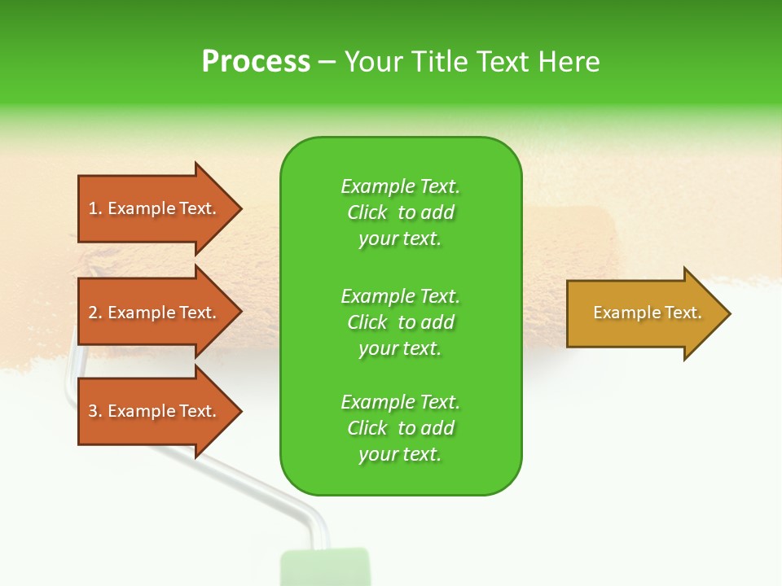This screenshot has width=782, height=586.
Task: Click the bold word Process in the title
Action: tap(256, 62)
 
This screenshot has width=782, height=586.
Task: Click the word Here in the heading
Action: tap(570, 62)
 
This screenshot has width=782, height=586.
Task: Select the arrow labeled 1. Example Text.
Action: tap(155, 208)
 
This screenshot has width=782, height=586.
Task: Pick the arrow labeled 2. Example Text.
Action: tap(155, 313)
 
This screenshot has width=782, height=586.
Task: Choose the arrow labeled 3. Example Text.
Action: tap(155, 411)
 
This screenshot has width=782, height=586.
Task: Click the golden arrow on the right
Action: tap(644, 313)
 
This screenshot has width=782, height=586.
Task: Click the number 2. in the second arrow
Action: tap(95, 313)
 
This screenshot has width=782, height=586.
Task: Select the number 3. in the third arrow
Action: tap(95, 411)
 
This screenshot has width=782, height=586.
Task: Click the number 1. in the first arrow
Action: tap(95, 208)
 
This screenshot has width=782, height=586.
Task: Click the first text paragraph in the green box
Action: tap(400, 212)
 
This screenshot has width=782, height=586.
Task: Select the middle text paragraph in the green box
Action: tap(400, 322)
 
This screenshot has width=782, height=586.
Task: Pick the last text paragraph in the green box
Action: tap(400, 428)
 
